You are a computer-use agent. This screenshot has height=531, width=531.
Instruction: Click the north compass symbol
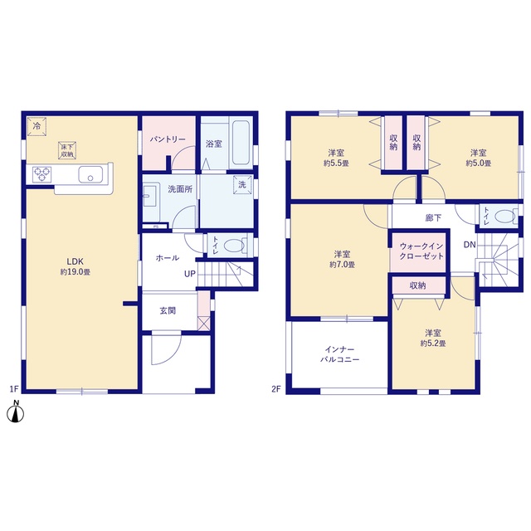(16, 412)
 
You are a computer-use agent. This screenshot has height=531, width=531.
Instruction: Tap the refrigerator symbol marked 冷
(37, 127)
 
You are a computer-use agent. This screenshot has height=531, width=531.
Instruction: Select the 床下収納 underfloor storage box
(67, 150)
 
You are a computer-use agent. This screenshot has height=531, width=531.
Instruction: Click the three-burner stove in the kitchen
(42, 175)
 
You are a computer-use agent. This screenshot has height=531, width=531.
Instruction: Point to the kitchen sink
(90, 174)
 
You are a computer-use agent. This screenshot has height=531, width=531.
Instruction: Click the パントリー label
(168, 139)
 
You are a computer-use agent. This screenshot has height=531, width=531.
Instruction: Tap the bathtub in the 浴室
(241, 143)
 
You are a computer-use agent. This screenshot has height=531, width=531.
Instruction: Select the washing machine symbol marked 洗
(242, 184)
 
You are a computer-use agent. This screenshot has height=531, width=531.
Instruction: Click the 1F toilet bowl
(235, 246)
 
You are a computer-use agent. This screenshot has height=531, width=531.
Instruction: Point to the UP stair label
(190, 274)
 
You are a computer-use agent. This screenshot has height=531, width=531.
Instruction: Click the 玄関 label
(168, 310)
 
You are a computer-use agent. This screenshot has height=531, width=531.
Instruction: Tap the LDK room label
(75, 261)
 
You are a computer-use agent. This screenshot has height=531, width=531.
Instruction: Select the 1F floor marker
(14, 389)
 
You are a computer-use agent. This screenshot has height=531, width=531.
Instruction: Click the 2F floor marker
(276, 389)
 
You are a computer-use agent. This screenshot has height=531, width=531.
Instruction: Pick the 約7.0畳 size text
(342, 265)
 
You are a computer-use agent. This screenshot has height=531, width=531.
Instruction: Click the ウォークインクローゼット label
(421, 251)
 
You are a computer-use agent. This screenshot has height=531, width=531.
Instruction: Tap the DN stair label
(470, 245)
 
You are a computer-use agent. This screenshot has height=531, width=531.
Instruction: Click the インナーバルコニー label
(339, 354)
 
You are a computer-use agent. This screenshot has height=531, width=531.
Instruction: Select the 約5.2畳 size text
(433, 343)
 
